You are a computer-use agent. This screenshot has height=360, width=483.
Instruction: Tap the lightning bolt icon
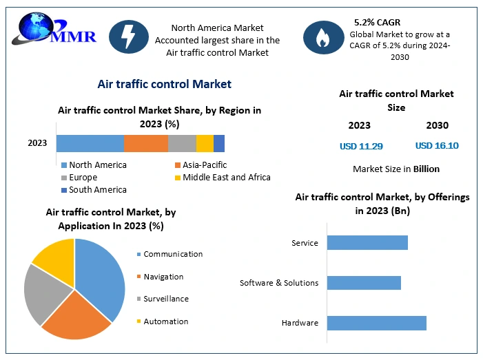(x=128, y=35)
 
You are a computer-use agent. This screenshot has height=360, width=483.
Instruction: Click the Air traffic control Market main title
(x=164, y=84)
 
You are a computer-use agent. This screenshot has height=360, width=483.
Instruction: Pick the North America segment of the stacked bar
(x=90, y=143)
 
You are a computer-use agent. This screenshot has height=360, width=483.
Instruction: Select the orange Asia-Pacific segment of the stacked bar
(x=145, y=143)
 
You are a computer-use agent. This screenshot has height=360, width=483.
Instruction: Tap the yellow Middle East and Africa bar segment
(x=205, y=143)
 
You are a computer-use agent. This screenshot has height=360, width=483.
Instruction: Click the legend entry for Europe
(x=83, y=177)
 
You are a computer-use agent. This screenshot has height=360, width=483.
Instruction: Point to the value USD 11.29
(x=361, y=146)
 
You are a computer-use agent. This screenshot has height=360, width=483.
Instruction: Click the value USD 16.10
(x=437, y=146)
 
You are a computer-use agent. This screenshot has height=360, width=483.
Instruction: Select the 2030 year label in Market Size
(x=437, y=125)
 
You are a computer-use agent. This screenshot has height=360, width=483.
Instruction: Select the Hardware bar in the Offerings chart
(x=376, y=323)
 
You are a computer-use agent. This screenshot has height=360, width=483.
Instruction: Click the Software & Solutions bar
(x=363, y=283)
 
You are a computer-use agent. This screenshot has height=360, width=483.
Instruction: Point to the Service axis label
(x=305, y=243)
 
